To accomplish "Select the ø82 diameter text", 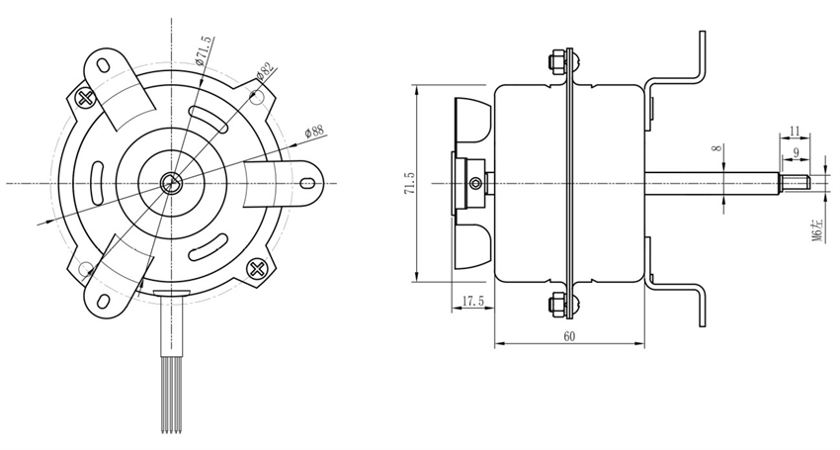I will [x=265, y=73].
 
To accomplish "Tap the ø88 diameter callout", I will [x=314, y=131].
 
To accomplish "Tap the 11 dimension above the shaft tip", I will [x=797, y=130].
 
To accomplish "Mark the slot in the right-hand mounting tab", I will [x=309, y=183].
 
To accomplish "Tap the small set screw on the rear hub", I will [x=476, y=183].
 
